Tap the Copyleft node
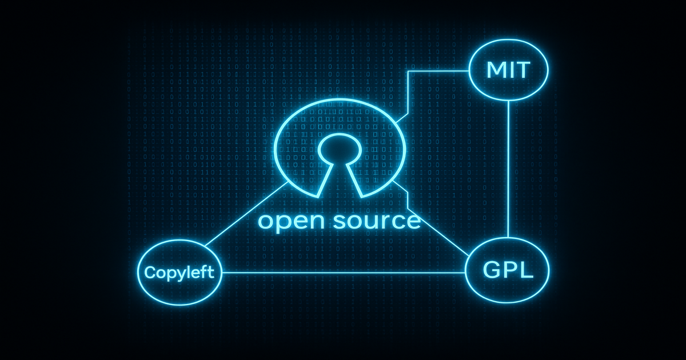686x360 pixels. (x=180, y=272)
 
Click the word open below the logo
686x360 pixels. (x=288, y=221)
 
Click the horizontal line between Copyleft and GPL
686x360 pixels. (x=343, y=273)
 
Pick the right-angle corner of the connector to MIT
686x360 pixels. (x=408, y=72)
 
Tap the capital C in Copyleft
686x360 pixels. (x=150, y=272)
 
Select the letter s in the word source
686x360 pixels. (x=335, y=221)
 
